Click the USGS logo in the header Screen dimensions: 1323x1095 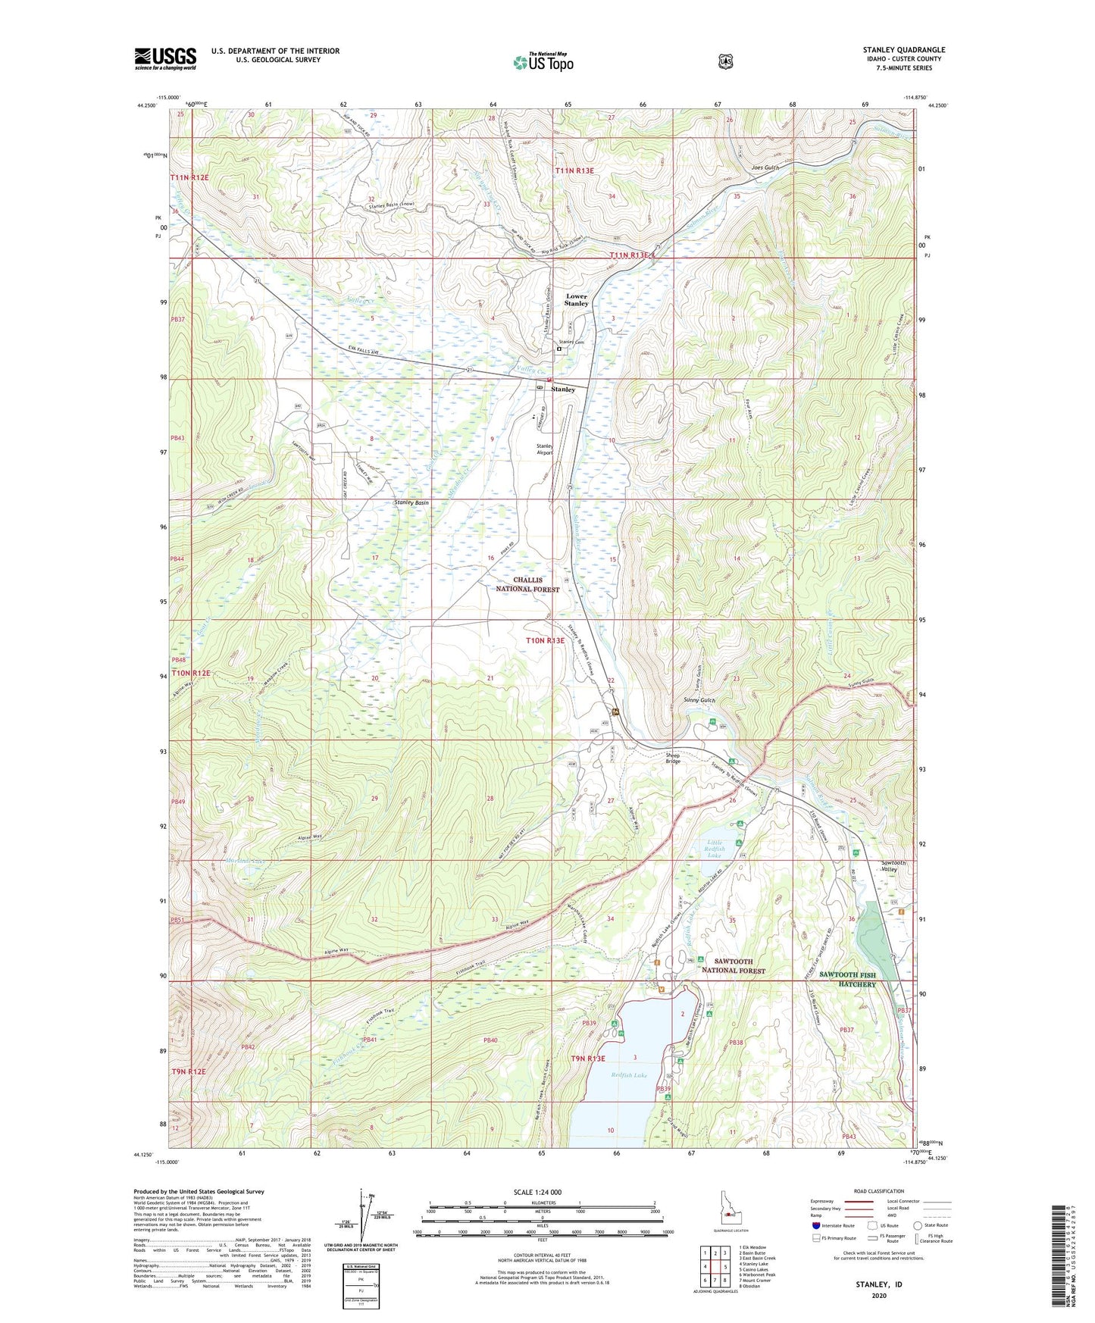165,58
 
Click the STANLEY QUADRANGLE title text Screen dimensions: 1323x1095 903,50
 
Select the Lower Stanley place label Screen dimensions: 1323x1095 576,299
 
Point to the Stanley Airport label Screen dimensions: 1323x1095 544,449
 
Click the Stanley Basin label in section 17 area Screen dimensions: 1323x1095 411,502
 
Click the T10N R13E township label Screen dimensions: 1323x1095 546,640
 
